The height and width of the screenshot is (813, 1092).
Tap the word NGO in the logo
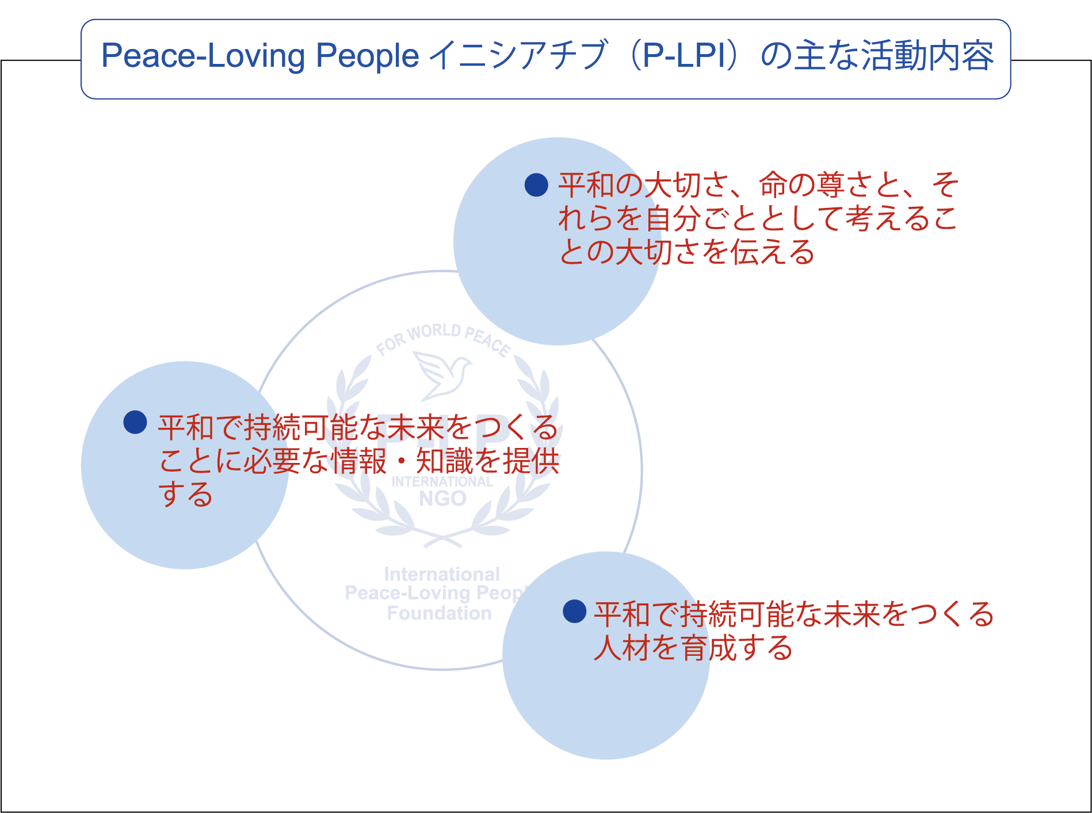[442, 499]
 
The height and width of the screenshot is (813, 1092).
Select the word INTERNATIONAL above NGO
[442, 481]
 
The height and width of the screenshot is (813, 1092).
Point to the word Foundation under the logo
[440, 613]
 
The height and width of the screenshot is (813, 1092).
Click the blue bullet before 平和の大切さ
[536, 185]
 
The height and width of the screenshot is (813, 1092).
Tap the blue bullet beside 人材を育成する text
[574, 611]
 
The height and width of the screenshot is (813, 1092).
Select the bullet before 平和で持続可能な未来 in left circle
[135, 422]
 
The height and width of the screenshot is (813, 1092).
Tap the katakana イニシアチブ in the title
[518, 56]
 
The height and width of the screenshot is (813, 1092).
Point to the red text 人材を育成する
[693, 648]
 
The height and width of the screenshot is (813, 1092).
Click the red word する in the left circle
[185, 494]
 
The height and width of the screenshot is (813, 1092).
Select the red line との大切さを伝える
[686, 252]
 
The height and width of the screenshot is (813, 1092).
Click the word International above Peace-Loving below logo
[442, 574]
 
